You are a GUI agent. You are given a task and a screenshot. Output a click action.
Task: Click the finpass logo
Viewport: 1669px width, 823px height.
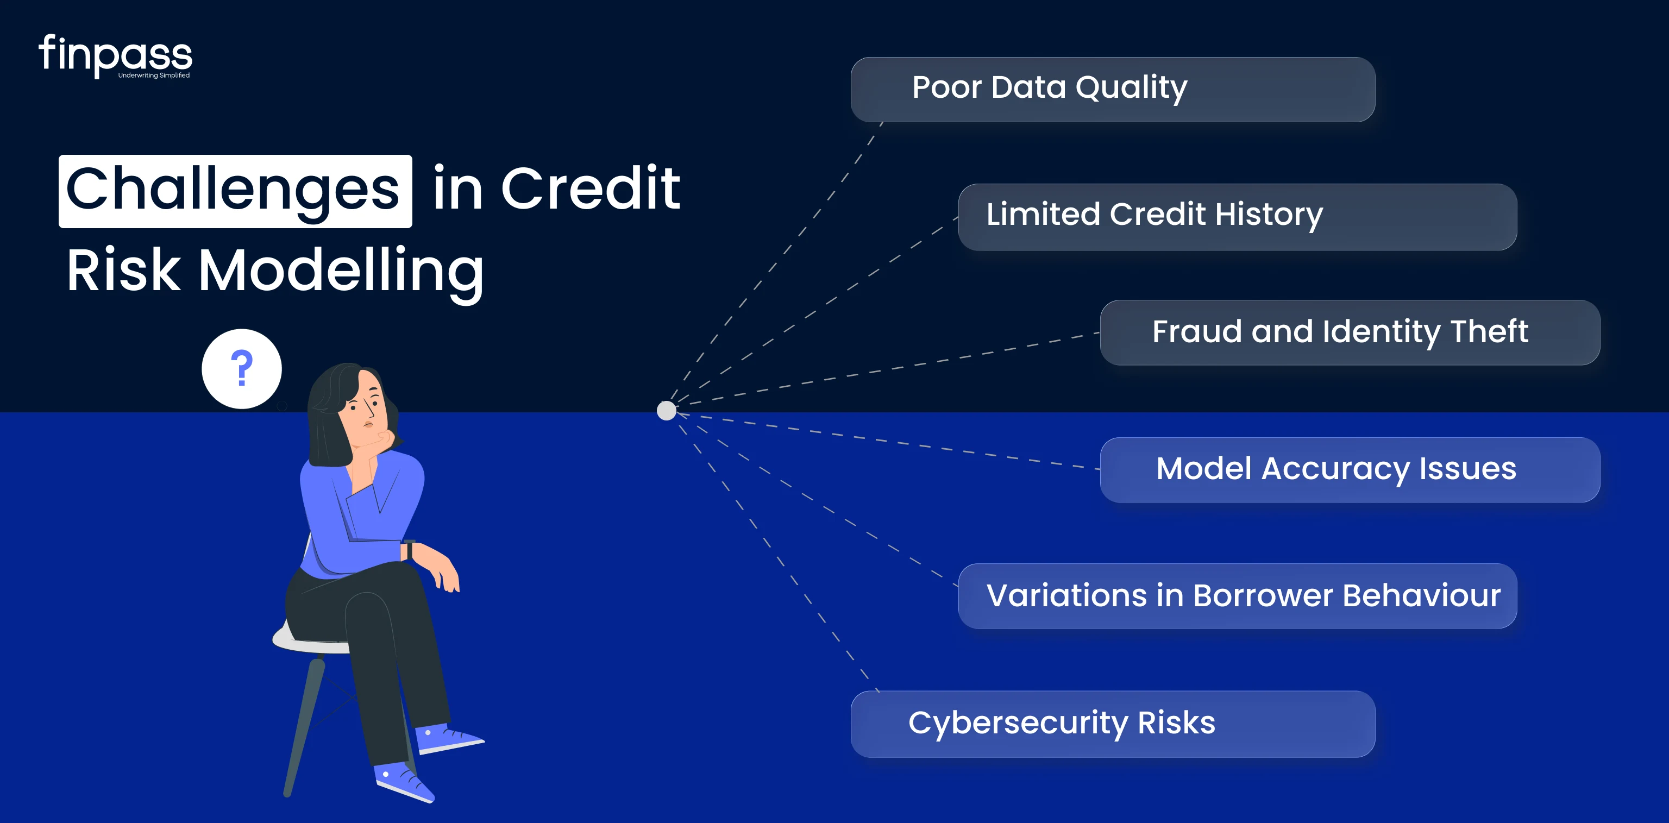(115, 56)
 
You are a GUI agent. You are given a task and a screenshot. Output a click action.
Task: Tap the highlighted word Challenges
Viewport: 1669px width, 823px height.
(235, 191)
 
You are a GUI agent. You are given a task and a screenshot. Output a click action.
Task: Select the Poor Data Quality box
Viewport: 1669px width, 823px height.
(1113, 90)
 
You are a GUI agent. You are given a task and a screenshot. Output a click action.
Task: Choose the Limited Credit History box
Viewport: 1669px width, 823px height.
(1237, 217)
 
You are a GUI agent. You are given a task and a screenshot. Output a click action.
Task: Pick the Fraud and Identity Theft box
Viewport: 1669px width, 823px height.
(1350, 332)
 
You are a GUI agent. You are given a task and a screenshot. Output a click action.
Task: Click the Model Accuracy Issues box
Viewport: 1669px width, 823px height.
(1350, 470)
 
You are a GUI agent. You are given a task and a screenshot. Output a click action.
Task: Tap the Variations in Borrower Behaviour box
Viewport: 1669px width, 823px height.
(1237, 595)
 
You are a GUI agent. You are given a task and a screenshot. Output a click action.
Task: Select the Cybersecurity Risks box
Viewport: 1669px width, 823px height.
(1113, 724)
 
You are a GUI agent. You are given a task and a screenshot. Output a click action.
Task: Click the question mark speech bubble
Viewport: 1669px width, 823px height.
(242, 369)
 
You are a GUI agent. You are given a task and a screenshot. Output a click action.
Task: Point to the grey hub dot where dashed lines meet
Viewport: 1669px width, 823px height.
(666, 410)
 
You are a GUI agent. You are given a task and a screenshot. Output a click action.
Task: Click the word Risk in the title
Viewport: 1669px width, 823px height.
(123, 269)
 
